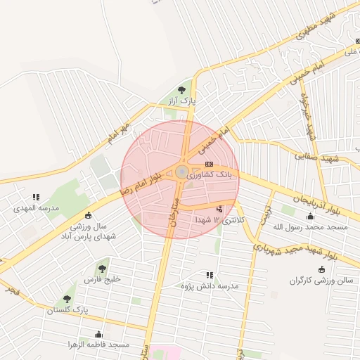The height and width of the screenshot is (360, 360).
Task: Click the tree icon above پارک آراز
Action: (183, 90)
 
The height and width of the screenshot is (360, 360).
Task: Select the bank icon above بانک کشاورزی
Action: (208, 163)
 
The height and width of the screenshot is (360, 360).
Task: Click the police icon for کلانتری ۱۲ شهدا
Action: (220, 209)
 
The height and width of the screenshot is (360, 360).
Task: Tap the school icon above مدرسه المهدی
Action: (37, 198)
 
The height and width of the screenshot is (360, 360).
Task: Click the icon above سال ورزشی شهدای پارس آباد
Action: (88, 215)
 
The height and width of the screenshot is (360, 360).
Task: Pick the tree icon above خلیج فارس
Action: (103, 268)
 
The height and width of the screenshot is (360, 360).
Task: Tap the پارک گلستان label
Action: (67, 310)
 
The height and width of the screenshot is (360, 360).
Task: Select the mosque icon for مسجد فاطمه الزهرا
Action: (98, 334)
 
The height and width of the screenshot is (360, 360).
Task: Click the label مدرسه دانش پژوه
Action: (210, 286)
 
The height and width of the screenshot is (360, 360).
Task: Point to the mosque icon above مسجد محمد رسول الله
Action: (311, 216)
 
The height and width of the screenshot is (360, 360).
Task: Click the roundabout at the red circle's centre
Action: (181, 172)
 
